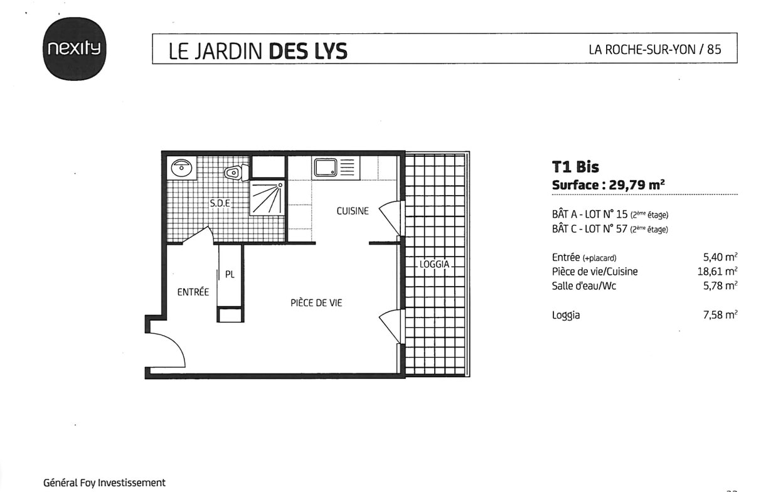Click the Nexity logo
pyautogui.click(x=74, y=49)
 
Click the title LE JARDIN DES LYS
pyautogui.click(x=258, y=51)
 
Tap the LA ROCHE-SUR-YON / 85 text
pyautogui.click(x=654, y=50)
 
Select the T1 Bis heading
pyautogui.click(x=575, y=167)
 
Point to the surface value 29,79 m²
pyautogui.click(x=637, y=184)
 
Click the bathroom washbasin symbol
pyautogui.click(x=181, y=168)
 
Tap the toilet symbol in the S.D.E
pyautogui.click(x=236, y=173)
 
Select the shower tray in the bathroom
pyautogui.click(x=267, y=197)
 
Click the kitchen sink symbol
pyautogui.click(x=326, y=168)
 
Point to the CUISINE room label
pyautogui.click(x=353, y=211)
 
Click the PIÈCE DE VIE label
pyautogui.click(x=316, y=302)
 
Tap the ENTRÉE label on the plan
pyautogui.click(x=193, y=292)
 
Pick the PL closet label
pyautogui.click(x=230, y=274)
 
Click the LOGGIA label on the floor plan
pyautogui.click(x=434, y=264)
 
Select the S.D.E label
pyautogui.click(x=220, y=203)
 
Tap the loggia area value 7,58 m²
pyautogui.click(x=720, y=314)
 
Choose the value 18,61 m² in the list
pyautogui.click(x=718, y=271)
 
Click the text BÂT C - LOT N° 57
pyautogui.click(x=590, y=228)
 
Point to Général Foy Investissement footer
pyautogui.click(x=104, y=483)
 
